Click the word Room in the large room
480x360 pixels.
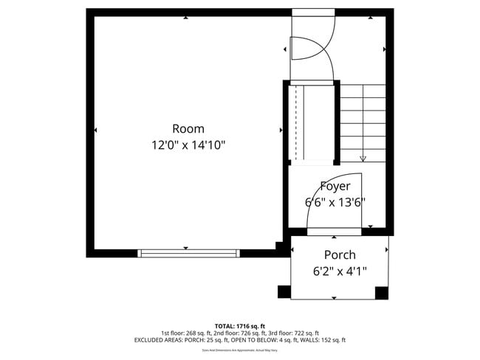pos(188,128)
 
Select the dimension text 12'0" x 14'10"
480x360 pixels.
pos(188,145)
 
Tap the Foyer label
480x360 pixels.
pos(335,186)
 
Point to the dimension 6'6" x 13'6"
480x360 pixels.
pos(335,201)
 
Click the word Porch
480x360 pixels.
pos(339,255)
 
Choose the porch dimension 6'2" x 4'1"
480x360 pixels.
pos(340,271)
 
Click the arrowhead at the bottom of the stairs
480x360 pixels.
pos(363,158)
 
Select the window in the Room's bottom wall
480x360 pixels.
pos(188,253)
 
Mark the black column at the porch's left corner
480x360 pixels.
pos(284,292)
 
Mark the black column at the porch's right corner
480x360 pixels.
pos(382,293)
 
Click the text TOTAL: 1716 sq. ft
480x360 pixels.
pos(239,325)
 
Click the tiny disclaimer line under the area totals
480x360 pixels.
pos(239,350)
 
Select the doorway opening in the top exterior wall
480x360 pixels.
pos(312,13)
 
